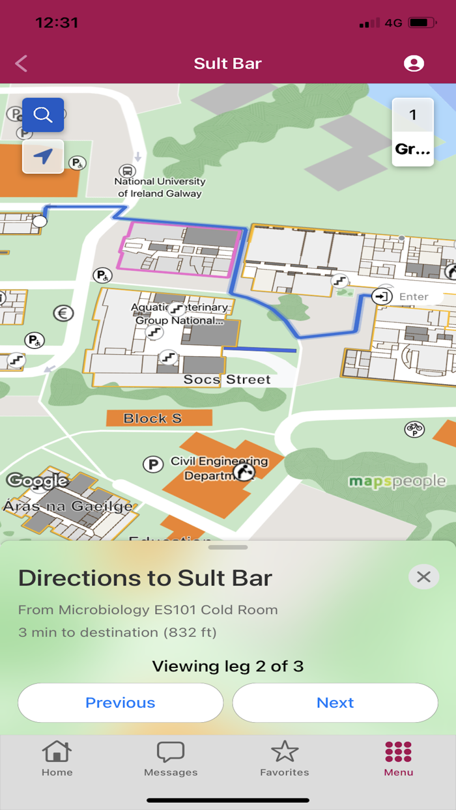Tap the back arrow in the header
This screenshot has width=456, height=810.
[21, 63]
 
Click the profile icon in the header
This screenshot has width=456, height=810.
[414, 63]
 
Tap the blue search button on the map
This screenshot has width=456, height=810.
[43, 115]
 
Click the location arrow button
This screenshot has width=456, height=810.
[43, 156]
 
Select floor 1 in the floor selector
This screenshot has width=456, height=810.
[412, 115]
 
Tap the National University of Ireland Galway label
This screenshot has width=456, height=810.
[160, 188]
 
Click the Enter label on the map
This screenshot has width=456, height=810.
[413, 297]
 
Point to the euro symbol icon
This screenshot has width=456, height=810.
[63, 313]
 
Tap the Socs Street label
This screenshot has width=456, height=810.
[227, 379]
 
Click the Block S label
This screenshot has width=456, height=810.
[152, 418]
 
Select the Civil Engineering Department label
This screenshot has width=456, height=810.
[219, 468]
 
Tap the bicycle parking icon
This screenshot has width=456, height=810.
[414, 429]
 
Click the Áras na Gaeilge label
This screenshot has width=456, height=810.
[68, 506]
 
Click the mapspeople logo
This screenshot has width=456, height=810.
[397, 482]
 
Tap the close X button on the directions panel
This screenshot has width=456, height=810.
[423, 577]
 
